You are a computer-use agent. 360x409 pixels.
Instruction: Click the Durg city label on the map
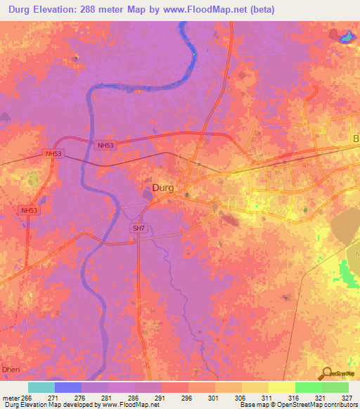click(163, 188)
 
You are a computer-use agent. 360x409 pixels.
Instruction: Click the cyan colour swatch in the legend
click(41, 387)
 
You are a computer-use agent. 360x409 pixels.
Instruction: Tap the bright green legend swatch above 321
click(309, 387)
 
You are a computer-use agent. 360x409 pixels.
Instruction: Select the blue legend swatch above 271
click(68, 387)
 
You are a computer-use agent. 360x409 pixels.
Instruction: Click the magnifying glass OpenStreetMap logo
click(326, 374)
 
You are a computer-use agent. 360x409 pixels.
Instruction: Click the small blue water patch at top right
click(346, 37)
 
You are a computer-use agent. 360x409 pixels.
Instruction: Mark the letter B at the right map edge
click(356, 139)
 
